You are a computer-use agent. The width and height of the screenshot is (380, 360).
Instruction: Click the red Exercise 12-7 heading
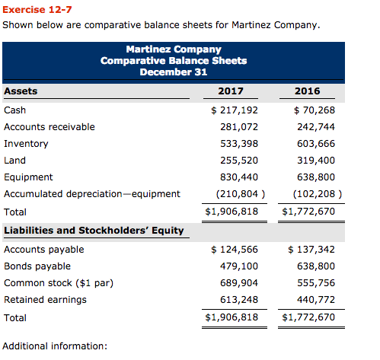click(x=37, y=10)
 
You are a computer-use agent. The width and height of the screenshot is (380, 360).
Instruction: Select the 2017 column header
click(x=231, y=91)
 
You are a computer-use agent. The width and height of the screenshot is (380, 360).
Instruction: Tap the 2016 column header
click(x=307, y=91)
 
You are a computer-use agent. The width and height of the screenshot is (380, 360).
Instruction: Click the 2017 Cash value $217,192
click(x=235, y=110)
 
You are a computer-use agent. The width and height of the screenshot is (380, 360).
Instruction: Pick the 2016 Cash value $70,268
click(x=315, y=110)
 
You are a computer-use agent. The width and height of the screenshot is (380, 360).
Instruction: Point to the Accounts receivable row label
click(x=49, y=127)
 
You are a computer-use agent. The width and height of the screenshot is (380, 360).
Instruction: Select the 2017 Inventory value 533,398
click(x=239, y=144)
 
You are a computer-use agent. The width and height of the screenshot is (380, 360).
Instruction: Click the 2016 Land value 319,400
click(x=316, y=161)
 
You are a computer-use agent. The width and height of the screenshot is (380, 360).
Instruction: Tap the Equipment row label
click(x=28, y=177)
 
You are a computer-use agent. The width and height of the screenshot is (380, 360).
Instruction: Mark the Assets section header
click(x=21, y=91)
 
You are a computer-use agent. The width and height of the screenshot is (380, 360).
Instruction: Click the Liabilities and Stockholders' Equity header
click(x=94, y=231)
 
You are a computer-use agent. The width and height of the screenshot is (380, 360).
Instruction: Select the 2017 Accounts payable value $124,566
click(x=235, y=250)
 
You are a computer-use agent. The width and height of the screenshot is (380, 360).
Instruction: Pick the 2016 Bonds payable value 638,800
click(x=316, y=266)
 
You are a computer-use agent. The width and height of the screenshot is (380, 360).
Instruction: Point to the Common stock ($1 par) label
click(x=59, y=283)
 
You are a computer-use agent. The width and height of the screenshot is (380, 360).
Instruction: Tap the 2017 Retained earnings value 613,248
click(x=239, y=300)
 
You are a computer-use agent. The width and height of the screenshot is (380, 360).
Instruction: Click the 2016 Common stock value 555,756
click(x=316, y=283)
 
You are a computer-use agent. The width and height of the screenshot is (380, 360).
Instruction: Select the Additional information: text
click(x=55, y=346)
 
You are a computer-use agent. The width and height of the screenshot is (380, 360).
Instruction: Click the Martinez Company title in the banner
click(x=174, y=49)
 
